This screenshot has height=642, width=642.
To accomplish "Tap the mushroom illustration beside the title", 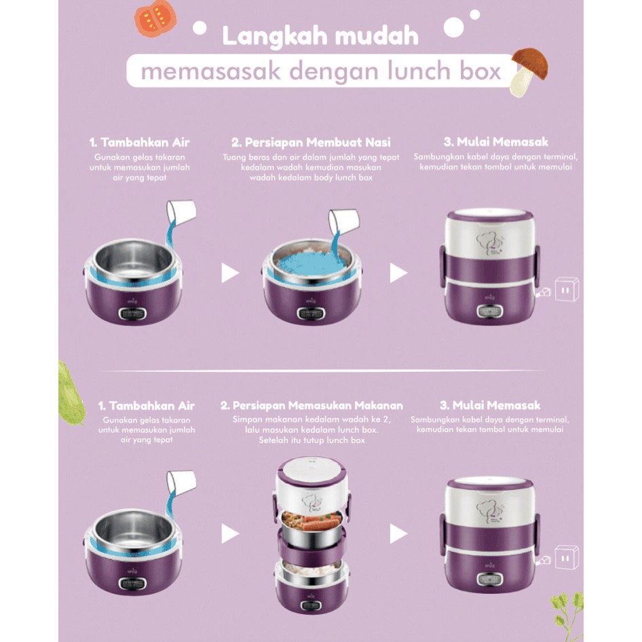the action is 528,71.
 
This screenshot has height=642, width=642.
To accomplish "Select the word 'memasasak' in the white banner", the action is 211,71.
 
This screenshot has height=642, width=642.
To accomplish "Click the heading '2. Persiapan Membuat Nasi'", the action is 311,142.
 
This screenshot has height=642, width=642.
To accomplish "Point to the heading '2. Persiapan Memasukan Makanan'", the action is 311,405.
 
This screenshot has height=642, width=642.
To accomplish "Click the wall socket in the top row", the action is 567,289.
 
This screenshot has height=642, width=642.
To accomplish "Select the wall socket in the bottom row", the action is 567,557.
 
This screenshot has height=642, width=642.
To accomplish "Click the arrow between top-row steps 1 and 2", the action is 229,273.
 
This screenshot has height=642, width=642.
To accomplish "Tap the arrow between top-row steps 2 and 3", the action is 398,273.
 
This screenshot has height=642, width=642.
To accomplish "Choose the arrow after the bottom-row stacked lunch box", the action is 398,534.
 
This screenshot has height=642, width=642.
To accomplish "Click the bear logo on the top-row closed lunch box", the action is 491,243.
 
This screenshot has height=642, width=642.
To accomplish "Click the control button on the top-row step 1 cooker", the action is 132,314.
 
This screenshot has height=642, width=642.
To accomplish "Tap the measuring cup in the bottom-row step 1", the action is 181,484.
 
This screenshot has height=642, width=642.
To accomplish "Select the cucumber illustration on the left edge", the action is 71,392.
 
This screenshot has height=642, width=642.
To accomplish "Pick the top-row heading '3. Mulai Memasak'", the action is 495,142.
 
